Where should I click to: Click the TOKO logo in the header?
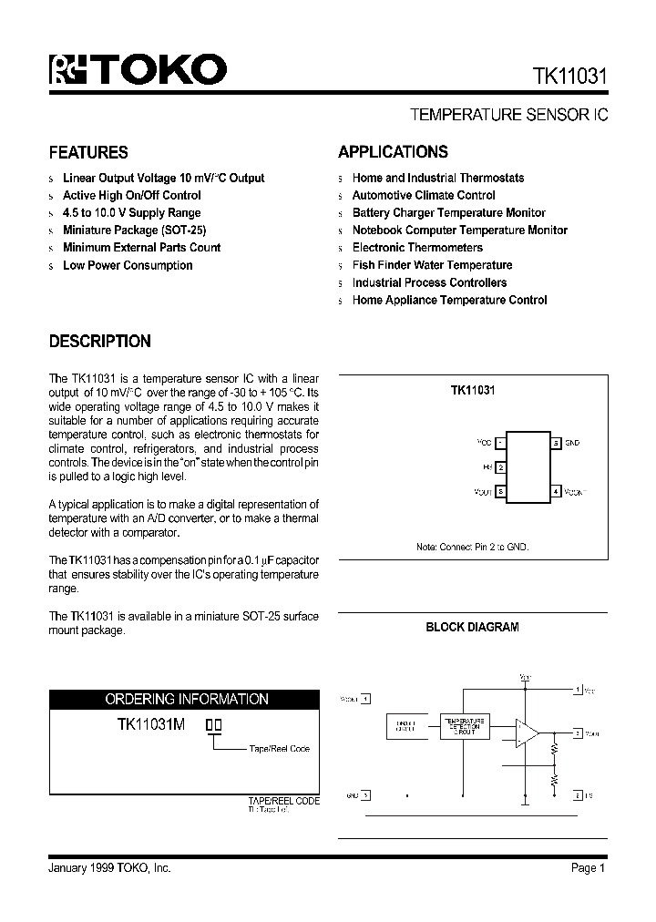(x=137, y=70)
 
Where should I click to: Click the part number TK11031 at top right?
(x=565, y=78)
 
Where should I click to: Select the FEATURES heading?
(x=88, y=152)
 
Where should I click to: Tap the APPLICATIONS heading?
(x=393, y=152)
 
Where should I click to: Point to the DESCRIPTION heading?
(x=99, y=342)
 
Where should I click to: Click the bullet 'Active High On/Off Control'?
(x=131, y=195)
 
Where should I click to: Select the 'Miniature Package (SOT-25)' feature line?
(x=128, y=230)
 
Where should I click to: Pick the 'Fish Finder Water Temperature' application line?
(x=432, y=265)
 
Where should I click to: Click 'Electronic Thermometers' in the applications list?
(x=417, y=248)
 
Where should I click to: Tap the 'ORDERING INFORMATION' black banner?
(x=187, y=699)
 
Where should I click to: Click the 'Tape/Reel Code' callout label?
(x=279, y=749)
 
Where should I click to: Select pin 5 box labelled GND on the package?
(x=556, y=443)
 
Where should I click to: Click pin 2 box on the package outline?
(x=501, y=467)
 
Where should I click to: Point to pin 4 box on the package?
(x=556, y=492)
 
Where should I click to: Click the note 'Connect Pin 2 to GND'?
(x=472, y=547)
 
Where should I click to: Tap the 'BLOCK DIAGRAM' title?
(x=472, y=627)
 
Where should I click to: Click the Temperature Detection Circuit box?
(x=465, y=726)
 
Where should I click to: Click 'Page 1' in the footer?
(x=588, y=868)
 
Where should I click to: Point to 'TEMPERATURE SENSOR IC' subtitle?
(x=508, y=116)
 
